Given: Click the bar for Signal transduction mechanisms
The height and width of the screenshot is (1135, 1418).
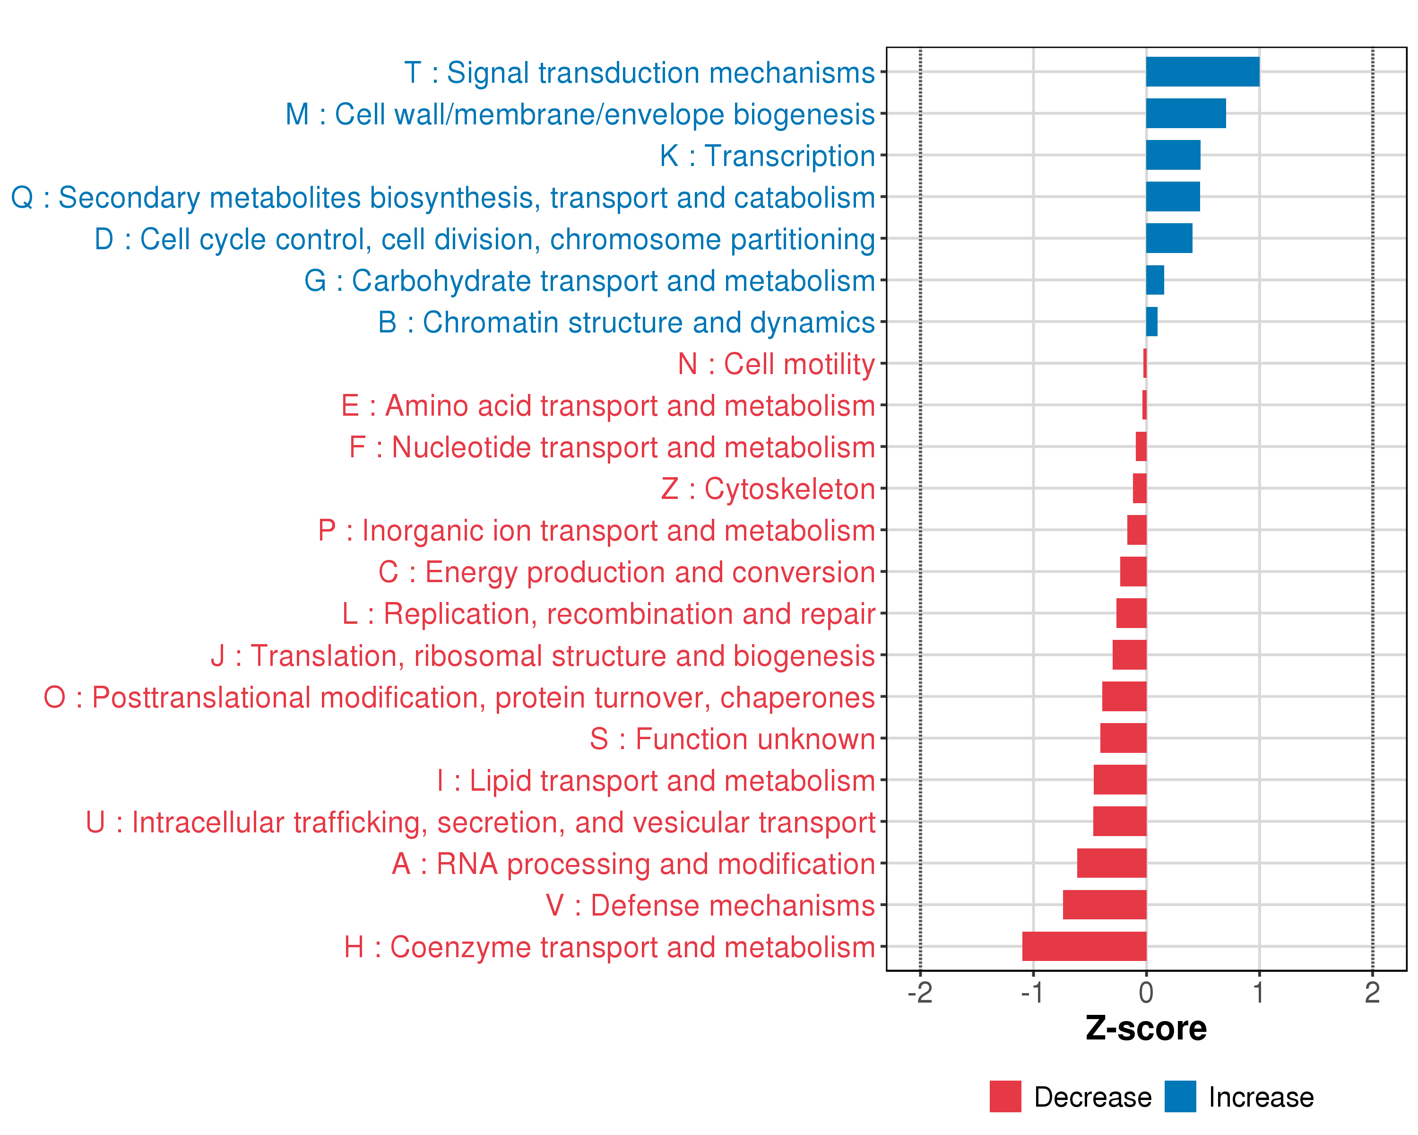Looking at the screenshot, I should pyautogui.click(x=1202, y=72).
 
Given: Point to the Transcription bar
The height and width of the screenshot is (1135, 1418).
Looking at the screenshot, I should pyautogui.click(x=1173, y=155).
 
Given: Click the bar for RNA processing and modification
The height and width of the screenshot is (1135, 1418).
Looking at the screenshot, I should pyautogui.click(x=1112, y=863).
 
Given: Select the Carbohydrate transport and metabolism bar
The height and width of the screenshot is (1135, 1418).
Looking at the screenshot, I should pyautogui.click(x=1155, y=280).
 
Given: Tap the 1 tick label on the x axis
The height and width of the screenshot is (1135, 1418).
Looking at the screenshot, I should pyautogui.click(x=1258, y=993).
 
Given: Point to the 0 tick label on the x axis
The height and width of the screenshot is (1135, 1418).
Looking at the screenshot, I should pyautogui.click(x=1146, y=993).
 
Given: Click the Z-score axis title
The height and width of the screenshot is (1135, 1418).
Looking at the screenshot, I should pyautogui.click(x=1146, y=1029).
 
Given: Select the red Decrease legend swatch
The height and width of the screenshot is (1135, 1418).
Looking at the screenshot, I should pyautogui.click(x=1005, y=1097).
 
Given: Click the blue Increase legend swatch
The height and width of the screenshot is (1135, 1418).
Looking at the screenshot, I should pyautogui.click(x=1180, y=1097).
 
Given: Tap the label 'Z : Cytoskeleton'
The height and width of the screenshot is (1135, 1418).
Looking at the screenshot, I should pyautogui.click(x=768, y=489).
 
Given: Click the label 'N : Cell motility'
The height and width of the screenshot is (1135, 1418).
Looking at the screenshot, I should pyautogui.click(x=776, y=364).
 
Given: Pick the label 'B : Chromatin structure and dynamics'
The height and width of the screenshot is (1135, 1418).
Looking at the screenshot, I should pyautogui.click(x=626, y=323).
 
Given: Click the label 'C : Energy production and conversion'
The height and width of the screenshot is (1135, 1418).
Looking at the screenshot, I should pyautogui.click(x=626, y=572).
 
